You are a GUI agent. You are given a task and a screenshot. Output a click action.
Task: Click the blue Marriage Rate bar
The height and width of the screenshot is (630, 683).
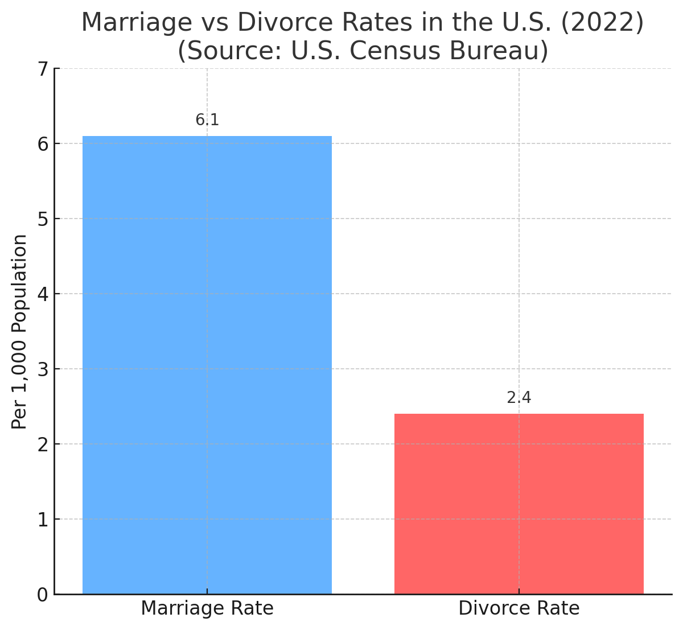207,364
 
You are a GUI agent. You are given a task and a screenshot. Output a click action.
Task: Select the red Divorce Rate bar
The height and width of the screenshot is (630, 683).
519,504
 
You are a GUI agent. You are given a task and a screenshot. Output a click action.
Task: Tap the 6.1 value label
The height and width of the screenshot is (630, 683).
207,120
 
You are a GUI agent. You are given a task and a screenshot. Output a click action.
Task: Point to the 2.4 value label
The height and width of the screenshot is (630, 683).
519,398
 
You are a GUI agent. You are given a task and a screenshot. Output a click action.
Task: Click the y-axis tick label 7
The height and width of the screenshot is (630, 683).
43,69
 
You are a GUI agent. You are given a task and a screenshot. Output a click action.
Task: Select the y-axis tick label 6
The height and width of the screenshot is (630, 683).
43,144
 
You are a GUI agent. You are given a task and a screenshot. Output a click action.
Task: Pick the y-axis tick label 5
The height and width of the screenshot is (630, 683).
43,219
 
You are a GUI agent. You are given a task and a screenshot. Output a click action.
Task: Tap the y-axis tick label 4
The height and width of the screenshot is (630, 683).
43,294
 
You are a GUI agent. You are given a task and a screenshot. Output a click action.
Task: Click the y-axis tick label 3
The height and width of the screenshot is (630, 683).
43,369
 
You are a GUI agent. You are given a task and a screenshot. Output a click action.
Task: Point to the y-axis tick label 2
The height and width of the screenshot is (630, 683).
43,444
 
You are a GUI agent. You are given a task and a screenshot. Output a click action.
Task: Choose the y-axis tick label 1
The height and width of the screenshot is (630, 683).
43,520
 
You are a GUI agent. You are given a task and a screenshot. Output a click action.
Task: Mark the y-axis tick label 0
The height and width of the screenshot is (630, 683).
43,595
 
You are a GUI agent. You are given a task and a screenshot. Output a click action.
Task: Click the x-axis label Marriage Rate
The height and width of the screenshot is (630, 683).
207,608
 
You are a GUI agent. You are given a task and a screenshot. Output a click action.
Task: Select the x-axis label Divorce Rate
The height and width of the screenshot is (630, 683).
519,608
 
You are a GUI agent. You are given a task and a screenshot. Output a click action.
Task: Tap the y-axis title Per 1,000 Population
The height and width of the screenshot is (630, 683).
20,331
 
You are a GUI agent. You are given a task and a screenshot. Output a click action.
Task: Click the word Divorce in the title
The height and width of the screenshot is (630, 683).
275,23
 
